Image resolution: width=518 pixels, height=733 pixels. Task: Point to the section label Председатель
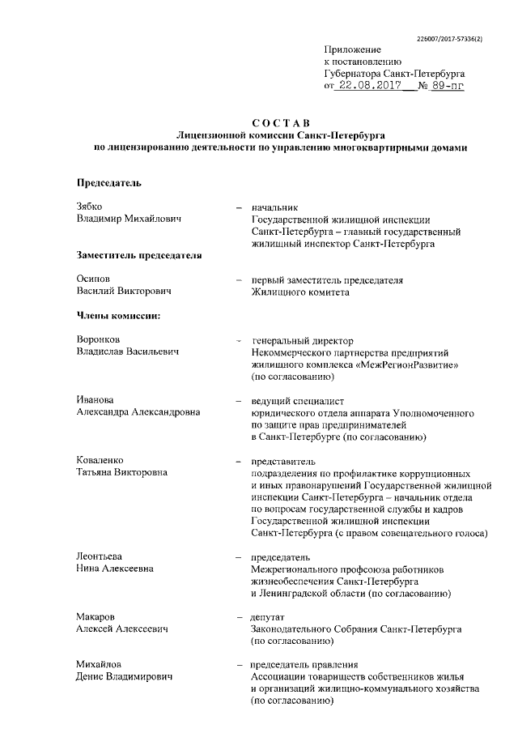tap(108, 182)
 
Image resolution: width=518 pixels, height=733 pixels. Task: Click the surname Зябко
tap(90, 207)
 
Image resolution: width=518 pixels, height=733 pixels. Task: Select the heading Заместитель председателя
tap(138, 255)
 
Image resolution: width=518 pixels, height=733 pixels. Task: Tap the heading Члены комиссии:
tap(117, 315)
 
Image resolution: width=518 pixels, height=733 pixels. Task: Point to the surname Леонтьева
tap(100, 557)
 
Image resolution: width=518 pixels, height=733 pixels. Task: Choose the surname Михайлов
tap(100, 665)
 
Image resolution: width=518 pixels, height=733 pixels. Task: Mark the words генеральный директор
tap(303, 340)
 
